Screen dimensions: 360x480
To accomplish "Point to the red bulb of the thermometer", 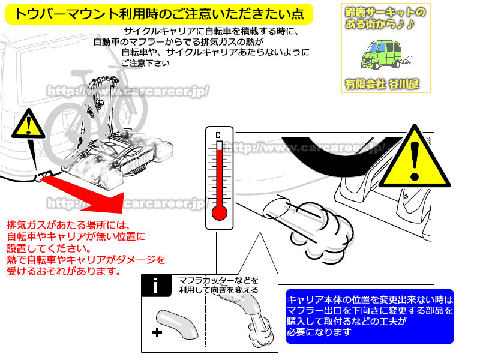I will click(x=220, y=214).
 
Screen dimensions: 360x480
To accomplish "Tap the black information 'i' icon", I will click(x=156, y=285).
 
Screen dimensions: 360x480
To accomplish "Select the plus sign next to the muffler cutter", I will click(x=157, y=332).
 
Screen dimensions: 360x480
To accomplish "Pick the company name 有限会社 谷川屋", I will click(x=381, y=84).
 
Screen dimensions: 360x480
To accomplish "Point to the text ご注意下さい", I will click(x=142, y=64).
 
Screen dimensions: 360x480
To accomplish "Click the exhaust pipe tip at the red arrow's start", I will click(x=42, y=178).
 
